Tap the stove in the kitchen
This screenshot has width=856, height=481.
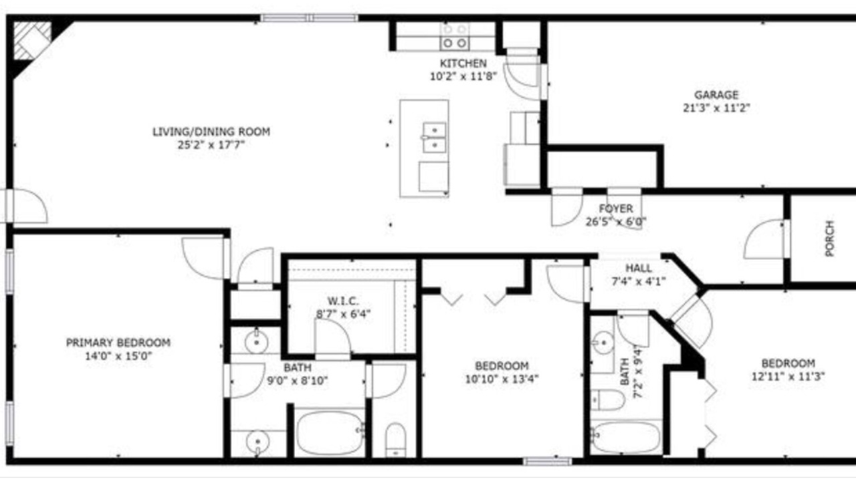(454, 37)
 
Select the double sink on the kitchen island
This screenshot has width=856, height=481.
(435, 138)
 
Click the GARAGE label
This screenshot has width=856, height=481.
(716, 95)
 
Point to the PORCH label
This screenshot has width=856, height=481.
(829, 238)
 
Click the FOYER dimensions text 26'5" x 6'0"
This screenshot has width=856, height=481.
(616, 221)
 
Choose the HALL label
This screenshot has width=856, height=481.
(639, 269)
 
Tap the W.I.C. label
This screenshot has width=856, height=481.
(343, 301)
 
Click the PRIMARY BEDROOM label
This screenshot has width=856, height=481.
(118, 343)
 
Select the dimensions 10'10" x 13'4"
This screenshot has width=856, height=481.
(502, 379)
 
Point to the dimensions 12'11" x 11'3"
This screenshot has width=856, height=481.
(788, 376)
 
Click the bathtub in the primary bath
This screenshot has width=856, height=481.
(330, 432)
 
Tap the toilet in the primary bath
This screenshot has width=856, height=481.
(395, 440)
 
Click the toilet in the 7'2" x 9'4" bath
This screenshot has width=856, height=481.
(608, 400)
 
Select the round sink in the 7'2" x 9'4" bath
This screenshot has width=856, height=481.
(603, 343)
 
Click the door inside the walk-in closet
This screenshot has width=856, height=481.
(332, 338)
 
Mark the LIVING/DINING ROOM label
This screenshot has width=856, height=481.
(211, 132)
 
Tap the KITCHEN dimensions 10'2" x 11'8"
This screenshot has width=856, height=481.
(463, 76)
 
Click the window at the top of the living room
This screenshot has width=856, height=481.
(310, 18)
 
